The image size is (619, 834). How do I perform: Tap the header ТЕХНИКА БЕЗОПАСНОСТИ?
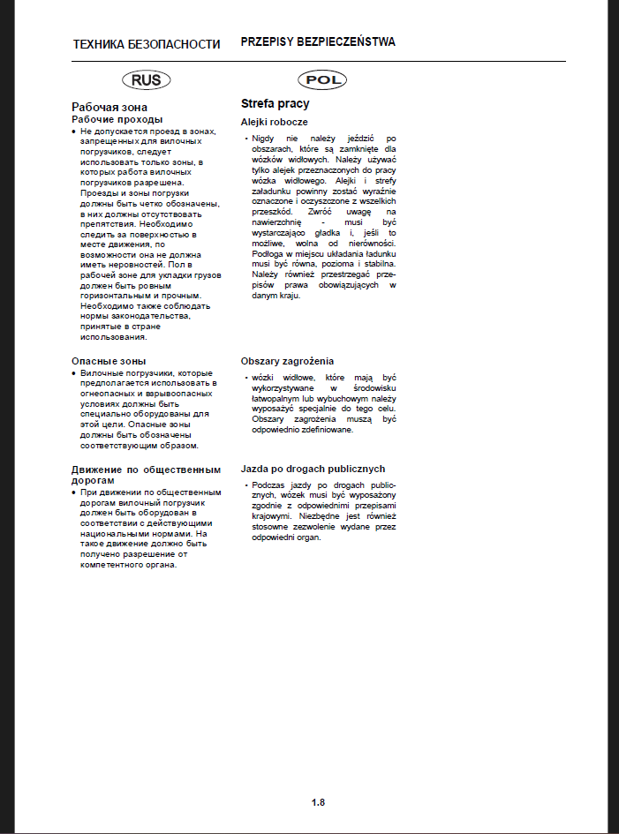147,43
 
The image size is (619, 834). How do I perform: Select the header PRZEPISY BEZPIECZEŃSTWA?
318,41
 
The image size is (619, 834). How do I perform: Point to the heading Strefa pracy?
276,103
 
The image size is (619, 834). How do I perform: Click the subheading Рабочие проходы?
117,119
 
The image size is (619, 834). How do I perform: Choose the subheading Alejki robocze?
275,121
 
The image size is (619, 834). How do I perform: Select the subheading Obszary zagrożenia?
288,361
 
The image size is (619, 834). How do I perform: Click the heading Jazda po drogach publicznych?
313,469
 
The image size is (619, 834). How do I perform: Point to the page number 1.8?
318,802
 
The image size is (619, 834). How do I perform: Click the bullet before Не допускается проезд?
73,131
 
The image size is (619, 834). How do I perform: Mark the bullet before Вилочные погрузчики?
73,373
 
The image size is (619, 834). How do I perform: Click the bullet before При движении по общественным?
73,492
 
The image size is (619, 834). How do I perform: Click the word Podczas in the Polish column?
268,485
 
